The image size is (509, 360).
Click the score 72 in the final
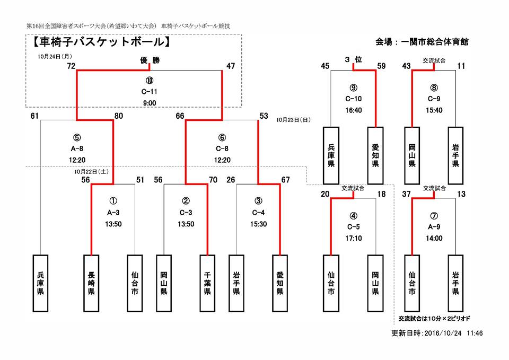click(x=71, y=66)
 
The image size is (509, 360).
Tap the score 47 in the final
click(x=230, y=66)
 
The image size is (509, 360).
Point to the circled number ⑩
click(x=150, y=81)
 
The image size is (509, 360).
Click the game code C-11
click(x=150, y=91)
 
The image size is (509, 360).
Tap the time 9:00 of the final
click(x=150, y=102)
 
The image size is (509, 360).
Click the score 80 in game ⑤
click(x=119, y=116)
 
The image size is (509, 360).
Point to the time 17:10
click(x=354, y=238)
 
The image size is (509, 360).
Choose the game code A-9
click(x=434, y=227)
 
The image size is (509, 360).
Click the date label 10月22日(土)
click(x=92, y=172)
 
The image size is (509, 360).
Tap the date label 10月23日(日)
click(x=294, y=120)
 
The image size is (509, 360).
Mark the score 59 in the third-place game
click(x=381, y=66)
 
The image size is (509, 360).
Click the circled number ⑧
click(x=434, y=87)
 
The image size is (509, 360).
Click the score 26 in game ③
click(x=230, y=180)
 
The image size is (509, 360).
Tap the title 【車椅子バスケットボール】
click(x=100, y=41)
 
